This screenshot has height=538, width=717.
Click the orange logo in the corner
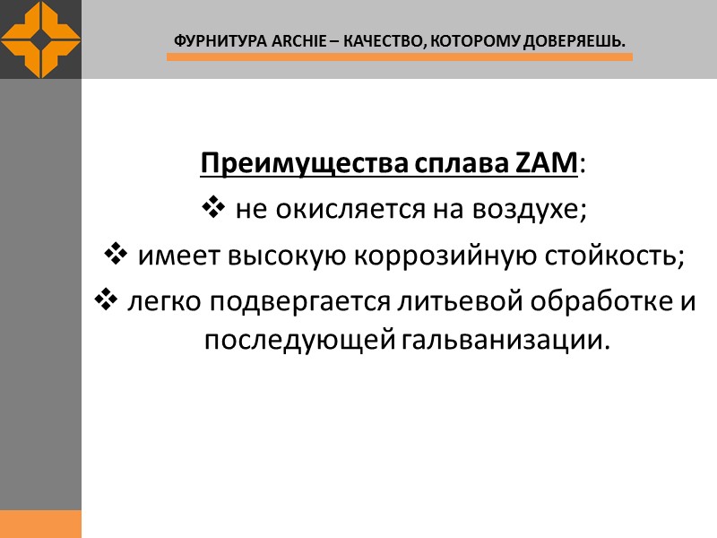pos(40,39)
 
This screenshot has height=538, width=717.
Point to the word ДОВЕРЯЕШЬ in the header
pos(573,41)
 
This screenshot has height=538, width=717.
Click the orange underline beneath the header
pos(400,57)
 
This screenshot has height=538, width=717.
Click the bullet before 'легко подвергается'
pos(103,301)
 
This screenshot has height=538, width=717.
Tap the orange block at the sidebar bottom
pos(40,524)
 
